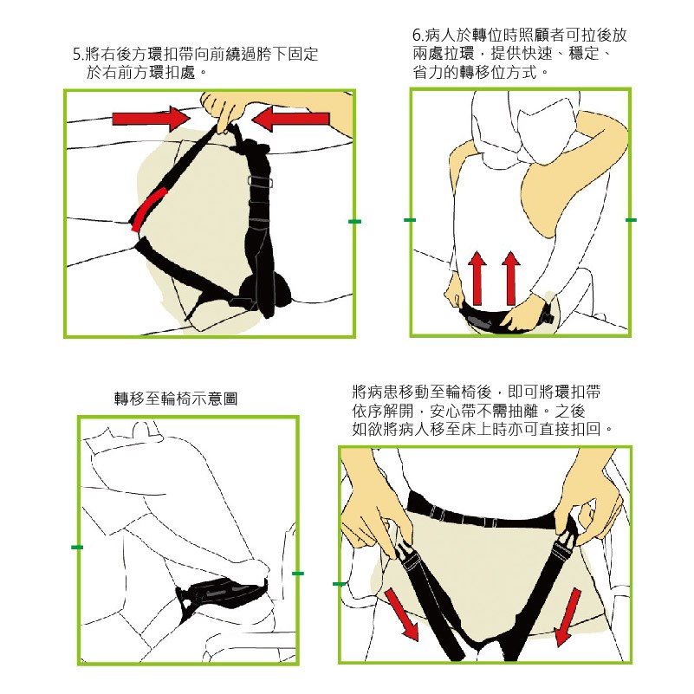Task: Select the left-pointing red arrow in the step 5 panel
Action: click(x=293, y=117)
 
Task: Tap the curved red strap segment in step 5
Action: click(x=145, y=209)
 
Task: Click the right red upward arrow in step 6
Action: click(x=510, y=276)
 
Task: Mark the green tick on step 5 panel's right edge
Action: click(x=353, y=223)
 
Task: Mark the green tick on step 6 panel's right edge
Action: click(x=631, y=221)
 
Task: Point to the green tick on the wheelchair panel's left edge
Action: click(x=77, y=548)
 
